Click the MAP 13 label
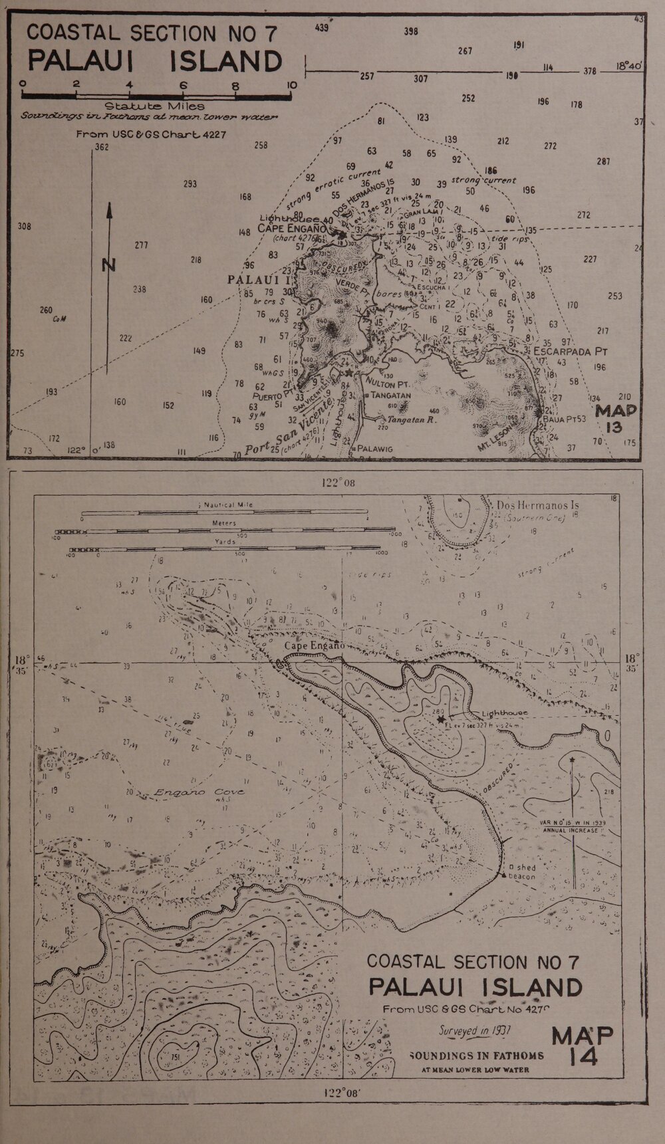(615, 419)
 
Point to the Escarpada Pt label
(572, 350)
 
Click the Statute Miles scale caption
(154, 106)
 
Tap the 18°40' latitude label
(628, 66)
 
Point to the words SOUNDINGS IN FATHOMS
(477, 1055)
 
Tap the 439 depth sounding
(322, 28)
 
